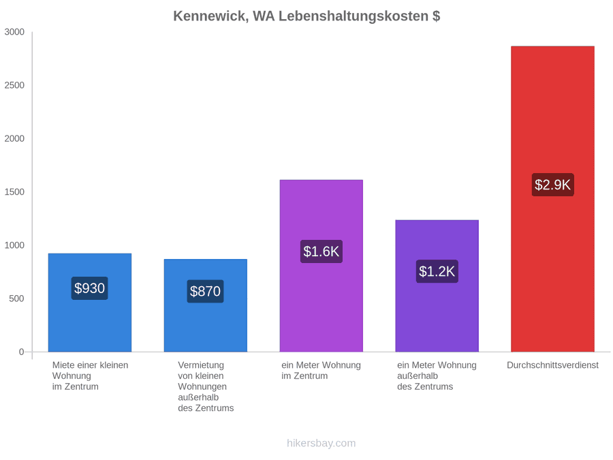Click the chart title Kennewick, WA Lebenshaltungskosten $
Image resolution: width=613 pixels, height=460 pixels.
coord(306,16)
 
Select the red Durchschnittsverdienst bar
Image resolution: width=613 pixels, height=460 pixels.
coord(552,199)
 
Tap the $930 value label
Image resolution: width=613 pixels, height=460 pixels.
coord(89,288)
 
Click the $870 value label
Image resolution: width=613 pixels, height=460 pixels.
coord(205,292)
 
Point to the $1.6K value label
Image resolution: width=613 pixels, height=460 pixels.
coord(321,251)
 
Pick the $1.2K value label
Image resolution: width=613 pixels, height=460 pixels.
coord(437,271)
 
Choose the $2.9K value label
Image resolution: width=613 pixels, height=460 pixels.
coord(553,185)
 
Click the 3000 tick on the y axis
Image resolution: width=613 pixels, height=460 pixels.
coord(14,32)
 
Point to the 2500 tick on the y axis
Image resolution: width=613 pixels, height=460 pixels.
coord(14,85)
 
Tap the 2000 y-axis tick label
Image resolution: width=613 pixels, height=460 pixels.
coord(14,138)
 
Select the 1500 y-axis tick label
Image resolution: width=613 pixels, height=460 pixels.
coord(14,192)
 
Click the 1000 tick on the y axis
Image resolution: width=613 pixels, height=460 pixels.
coord(14,245)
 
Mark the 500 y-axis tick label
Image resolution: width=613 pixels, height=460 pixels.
coord(17,299)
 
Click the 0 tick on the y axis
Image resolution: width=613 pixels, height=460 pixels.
coord(22,352)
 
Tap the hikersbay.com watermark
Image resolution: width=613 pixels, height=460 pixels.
coord(321,443)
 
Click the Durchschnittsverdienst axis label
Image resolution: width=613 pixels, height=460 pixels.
coord(553,365)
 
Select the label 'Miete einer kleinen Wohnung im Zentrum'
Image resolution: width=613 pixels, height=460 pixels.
coord(91,376)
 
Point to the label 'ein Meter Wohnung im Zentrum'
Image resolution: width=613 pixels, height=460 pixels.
coord(321,371)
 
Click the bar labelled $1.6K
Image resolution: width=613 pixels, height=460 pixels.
coord(321,266)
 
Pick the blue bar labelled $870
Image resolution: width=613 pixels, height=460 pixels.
coord(206,305)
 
